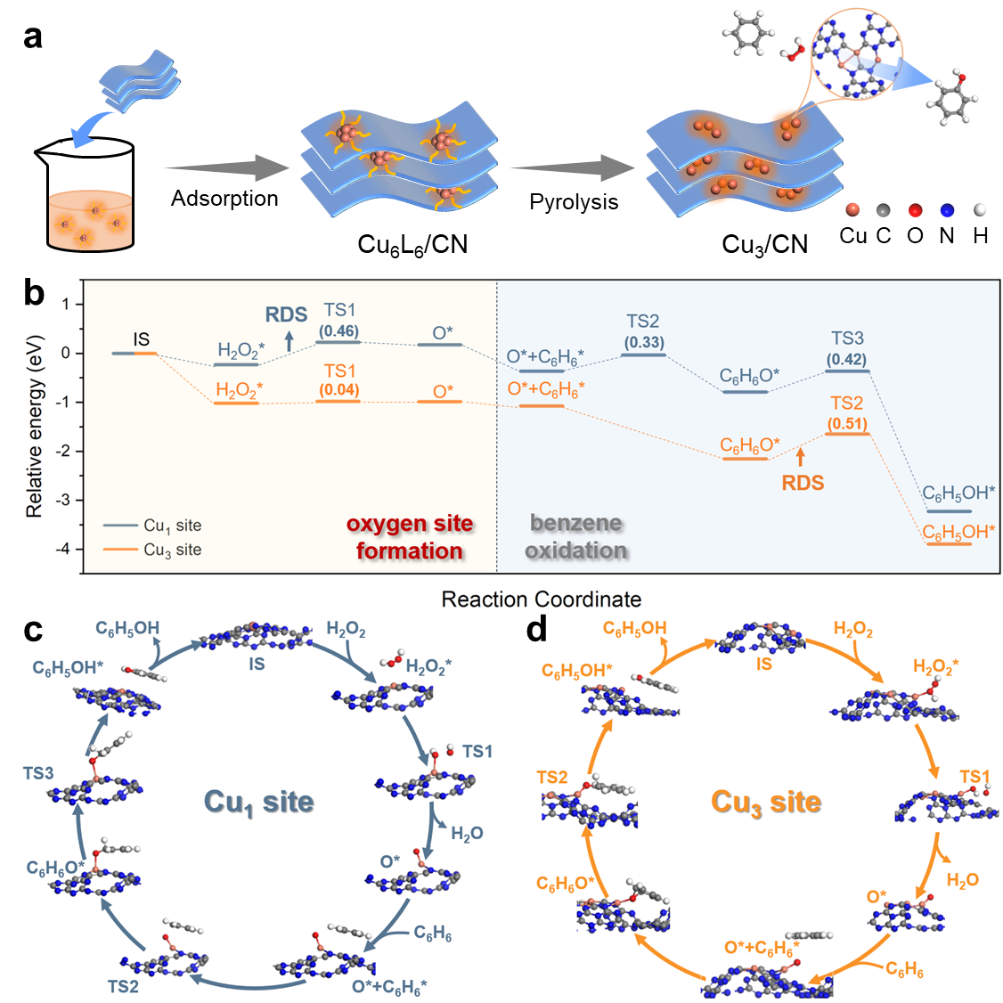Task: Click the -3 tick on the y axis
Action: pos(63,500)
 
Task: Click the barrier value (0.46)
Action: pos(338,331)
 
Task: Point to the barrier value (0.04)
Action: pos(338,390)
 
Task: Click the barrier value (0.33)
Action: pos(643,343)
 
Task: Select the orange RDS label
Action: pos(803,483)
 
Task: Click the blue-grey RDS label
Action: pos(286,314)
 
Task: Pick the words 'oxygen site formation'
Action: pos(410,537)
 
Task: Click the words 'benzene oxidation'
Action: pos(576,537)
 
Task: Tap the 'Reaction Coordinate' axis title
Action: pos(541,599)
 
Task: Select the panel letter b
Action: pos(35,293)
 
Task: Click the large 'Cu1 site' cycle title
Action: pos(259,802)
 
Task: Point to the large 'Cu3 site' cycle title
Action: pos(766,802)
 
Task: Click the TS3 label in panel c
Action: pos(38,773)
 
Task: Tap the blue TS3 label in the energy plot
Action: pos(847,338)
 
